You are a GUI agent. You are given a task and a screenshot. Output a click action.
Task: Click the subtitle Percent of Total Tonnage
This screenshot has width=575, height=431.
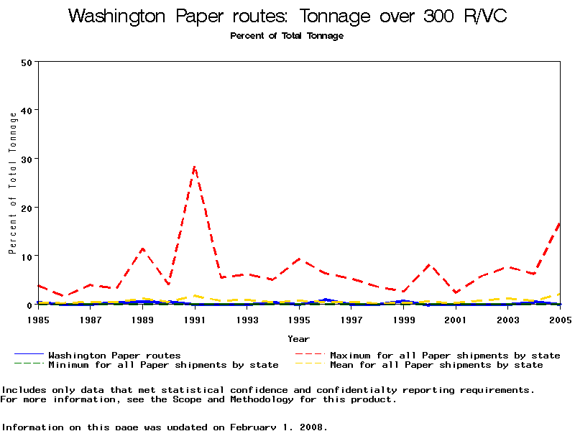pos(287,36)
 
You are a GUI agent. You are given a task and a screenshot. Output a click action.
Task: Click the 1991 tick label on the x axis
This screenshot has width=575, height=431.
pos(195,319)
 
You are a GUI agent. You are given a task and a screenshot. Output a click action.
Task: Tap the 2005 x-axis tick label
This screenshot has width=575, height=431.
pos(560,319)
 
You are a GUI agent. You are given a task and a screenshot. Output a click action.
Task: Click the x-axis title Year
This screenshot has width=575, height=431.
pos(299,338)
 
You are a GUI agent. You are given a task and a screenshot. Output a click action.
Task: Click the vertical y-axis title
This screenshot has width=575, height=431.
pos(13,183)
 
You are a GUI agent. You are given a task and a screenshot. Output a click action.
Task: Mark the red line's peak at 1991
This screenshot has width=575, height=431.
pos(195,167)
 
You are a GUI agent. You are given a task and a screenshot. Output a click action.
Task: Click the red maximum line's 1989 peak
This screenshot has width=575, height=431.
pos(142,249)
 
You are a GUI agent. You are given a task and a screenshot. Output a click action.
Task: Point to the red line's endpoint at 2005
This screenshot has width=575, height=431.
pos(559,223)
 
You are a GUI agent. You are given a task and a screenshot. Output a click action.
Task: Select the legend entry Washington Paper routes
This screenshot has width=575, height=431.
pos(114,356)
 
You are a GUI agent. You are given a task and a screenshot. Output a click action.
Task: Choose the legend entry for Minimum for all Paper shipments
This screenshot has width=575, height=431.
pos(163,365)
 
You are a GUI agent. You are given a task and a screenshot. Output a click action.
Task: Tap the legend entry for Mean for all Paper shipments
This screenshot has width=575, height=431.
pos(436,365)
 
